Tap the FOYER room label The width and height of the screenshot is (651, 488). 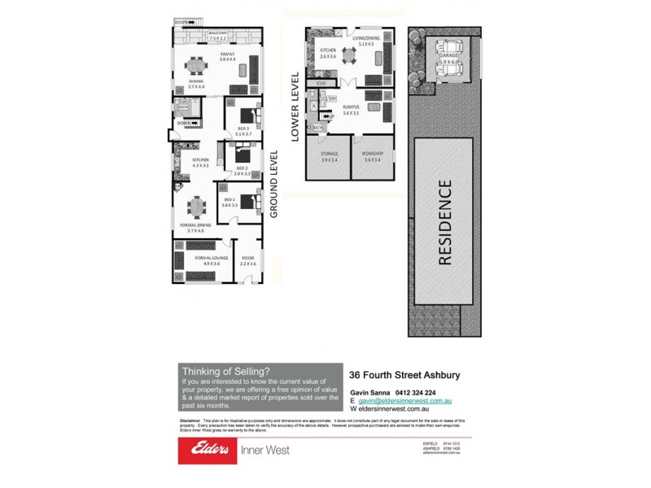(247, 260)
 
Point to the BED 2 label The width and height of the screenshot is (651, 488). (241, 171)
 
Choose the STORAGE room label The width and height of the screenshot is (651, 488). (329, 157)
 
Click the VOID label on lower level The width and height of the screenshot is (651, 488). (321, 83)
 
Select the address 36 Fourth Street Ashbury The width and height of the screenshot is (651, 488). (404, 375)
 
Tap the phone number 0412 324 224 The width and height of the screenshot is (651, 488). (430, 391)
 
